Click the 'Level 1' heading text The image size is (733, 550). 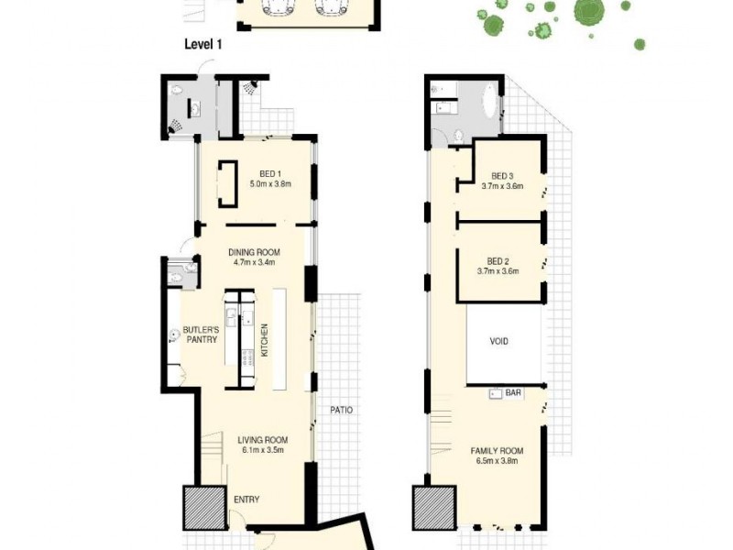click(203, 43)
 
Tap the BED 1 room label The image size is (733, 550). click(269, 174)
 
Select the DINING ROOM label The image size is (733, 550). click(254, 253)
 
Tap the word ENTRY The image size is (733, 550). click(246, 500)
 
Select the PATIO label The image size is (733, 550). click(342, 410)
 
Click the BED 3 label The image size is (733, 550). click(501, 176)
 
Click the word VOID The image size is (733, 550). click(499, 342)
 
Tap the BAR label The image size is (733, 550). click(513, 393)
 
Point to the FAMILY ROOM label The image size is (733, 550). click(496, 451)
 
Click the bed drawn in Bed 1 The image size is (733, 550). click(226, 181)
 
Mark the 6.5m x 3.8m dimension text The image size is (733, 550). click(496, 461)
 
